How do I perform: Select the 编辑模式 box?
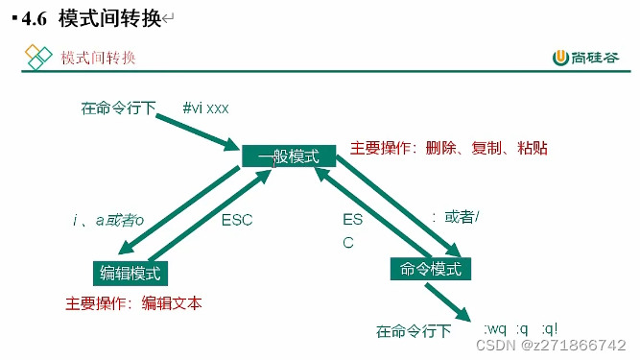point(132,273)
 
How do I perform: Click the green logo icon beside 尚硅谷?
point(560,58)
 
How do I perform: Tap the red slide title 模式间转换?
point(98,58)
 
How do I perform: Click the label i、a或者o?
point(107,220)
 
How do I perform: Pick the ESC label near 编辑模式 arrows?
point(236,220)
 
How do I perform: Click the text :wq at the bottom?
point(496,330)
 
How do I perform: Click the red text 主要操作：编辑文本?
point(133,303)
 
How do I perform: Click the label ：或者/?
point(455,217)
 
